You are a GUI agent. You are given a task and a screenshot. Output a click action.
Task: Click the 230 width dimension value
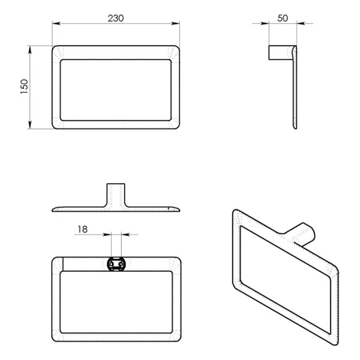pos(116,18)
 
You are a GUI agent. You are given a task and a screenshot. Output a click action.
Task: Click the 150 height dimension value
pos(25,87)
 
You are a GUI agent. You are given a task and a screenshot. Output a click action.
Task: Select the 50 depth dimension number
pos(283,18)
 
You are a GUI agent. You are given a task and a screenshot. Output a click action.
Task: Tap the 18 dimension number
pos(83,229)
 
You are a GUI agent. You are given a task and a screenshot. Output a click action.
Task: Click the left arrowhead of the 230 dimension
pos(56,24)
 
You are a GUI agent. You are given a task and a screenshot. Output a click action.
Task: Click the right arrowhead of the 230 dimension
pos(175,24)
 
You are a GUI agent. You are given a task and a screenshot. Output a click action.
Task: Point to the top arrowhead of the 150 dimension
pos(30,50)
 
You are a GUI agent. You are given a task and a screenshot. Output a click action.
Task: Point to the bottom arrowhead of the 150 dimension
pos(30,125)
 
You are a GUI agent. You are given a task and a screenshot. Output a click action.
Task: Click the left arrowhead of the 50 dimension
pos(265,24)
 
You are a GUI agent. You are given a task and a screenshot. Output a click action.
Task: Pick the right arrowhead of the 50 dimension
pos(301,24)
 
